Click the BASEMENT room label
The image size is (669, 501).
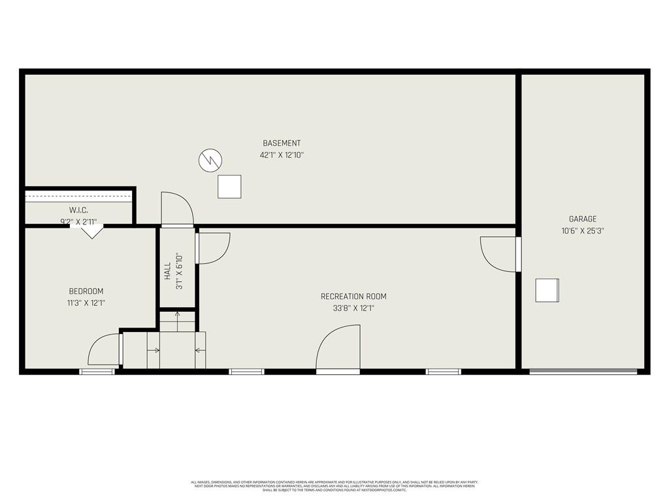(x=282, y=144)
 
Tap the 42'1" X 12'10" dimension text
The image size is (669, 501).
(x=282, y=155)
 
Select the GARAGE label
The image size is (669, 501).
(x=582, y=219)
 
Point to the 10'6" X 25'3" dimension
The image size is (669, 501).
(x=582, y=230)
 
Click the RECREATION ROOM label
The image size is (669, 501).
(x=353, y=297)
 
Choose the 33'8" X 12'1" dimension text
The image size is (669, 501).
(x=353, y=309)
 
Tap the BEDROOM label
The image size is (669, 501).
(x=86, y=292)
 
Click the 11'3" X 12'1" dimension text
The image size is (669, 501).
(x=86, y=303)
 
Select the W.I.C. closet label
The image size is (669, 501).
(x=78, y=210)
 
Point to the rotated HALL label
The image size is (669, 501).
(x=168, y=271)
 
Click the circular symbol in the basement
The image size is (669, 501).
(x=210, y=159)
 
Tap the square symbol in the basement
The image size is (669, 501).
(x=229, y=187)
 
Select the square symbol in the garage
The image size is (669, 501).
(x=547, y=290)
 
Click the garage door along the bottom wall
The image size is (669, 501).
(x=583, y=372)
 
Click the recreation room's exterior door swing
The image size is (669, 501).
(x=338, y=349)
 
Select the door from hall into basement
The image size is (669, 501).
(x=178, y=209)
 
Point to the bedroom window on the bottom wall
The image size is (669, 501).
(x=97, y=372)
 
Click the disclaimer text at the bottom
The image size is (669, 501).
(x=334, y=486)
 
